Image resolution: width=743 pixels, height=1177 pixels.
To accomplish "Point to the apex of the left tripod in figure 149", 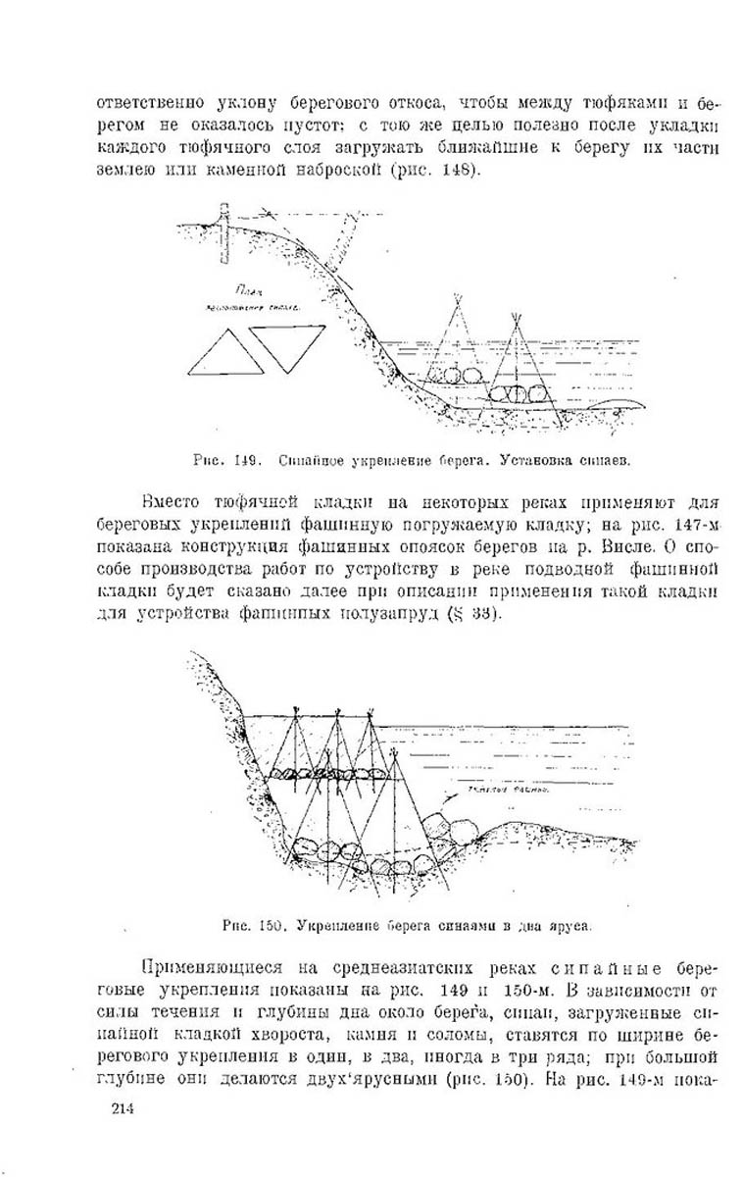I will pos(457,295).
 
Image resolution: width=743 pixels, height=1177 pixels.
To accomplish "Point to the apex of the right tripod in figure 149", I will pos(517,316).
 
